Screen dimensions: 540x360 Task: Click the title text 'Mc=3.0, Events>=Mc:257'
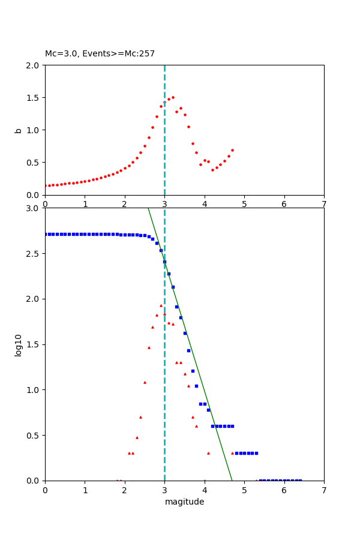click(x=100, y=54)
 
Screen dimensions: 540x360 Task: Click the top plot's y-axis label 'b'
click(x=19, y=130)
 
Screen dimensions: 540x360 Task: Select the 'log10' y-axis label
click(x=19, y=344)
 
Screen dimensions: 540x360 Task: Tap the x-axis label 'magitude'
click(x=184, y=502)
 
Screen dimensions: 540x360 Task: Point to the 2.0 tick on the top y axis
click(x=33, y=65)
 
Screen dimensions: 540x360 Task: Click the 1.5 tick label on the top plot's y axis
click(x=33, y=97)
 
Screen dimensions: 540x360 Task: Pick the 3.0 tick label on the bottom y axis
click(x=33, y=208)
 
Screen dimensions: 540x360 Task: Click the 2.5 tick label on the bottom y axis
click(x=33, y=254)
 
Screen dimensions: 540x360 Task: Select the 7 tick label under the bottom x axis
click(x=324, y=490)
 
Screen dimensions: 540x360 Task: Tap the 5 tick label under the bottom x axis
click(x=244, y=490)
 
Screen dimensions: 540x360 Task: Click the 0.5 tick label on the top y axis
click(x=33, y=163)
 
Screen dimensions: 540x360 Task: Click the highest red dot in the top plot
click(x=173, y=97)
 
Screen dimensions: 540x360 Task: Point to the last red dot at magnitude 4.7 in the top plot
click(x=232, y=150)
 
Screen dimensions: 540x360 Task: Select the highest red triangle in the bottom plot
click(x=161, y=305)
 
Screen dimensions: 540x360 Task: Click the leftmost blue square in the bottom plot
click(x=46, y=234)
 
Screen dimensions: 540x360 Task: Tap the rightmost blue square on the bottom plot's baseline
click(x=300, y=480)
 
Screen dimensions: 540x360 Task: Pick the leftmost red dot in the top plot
click(x=46, y=186)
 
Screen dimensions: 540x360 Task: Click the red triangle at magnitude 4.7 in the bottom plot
click(x=232, y=453)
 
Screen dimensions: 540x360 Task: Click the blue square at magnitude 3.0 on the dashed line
click(x=164, y=262)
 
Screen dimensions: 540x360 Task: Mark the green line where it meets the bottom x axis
click(x=232, y=480)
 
